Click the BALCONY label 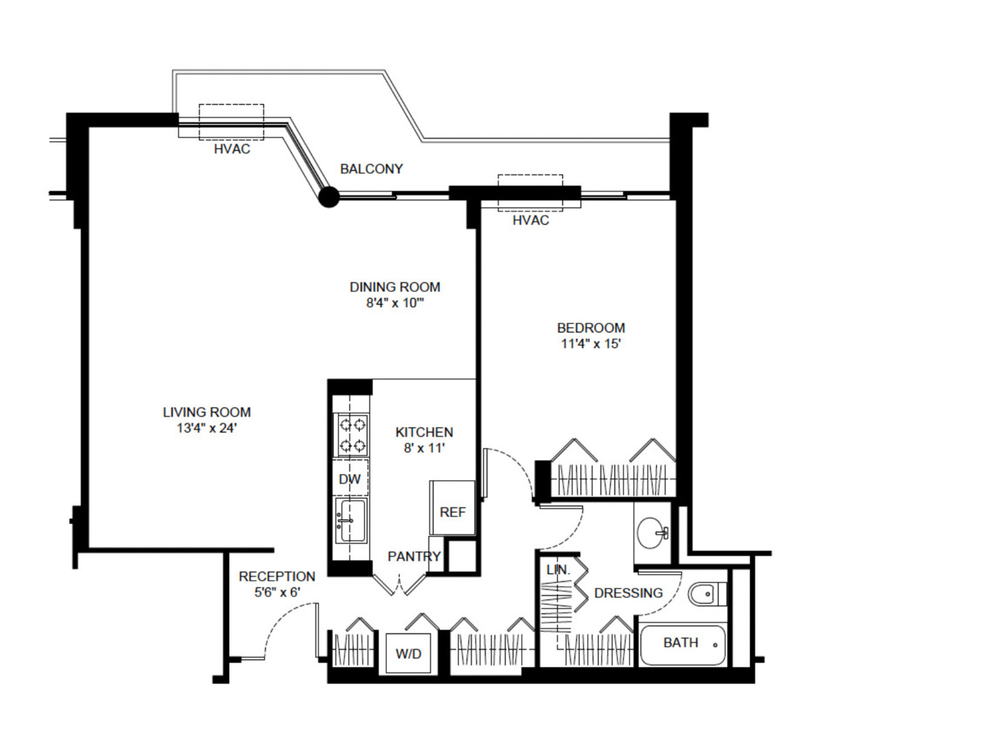point(371,169)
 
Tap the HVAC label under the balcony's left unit point(232,149)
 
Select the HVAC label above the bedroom point(530,220)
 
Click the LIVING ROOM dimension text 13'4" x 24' point(206,428)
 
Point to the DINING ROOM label point(395,287)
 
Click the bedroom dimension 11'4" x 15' point(591,344)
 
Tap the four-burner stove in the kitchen point(351,435)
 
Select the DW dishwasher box point(350,478)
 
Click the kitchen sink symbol point(351,520)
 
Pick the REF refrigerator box point(452,510)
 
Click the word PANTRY point(414,556)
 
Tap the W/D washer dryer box point(408,654)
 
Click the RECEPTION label point(277,576)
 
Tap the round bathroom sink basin point(650,532)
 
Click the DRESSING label point(628,593)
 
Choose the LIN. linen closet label point(558,569)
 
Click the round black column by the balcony point(330,197)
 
